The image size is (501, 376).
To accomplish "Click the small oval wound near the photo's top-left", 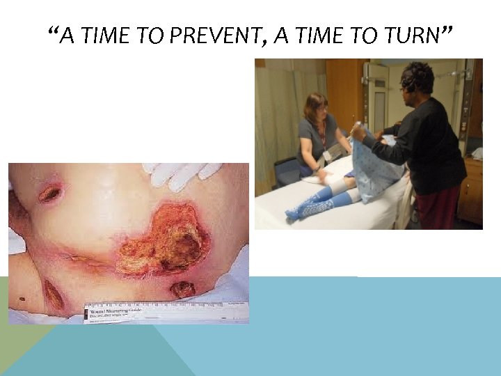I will (49, 194).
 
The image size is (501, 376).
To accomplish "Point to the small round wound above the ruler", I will (183, 289).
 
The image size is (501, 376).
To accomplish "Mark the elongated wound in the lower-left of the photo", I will (53, 295).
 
